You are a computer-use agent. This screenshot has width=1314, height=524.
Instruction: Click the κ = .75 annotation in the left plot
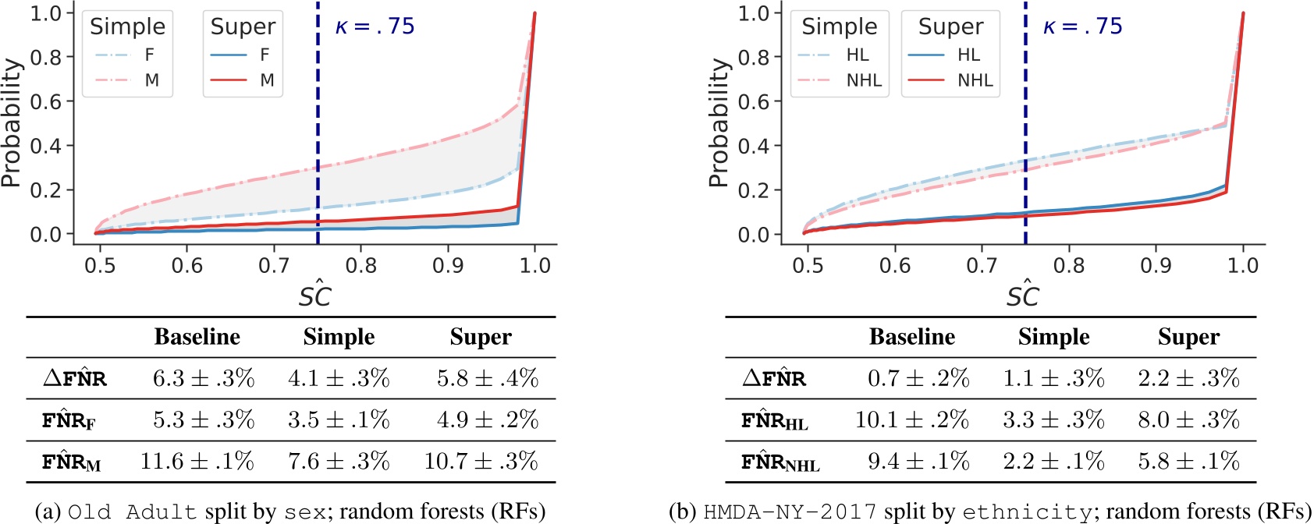375,27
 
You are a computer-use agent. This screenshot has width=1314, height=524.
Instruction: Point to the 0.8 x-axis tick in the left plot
360,265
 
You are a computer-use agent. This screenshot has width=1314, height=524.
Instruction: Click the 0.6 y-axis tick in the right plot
754,101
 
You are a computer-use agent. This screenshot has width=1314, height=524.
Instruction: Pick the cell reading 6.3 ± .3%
203,378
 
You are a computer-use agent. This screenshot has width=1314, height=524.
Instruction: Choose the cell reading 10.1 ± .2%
911,420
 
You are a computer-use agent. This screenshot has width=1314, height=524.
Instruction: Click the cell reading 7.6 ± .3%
339,461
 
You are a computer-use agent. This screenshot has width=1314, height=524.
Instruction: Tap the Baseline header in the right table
911,337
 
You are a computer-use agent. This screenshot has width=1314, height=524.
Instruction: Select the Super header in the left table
481,337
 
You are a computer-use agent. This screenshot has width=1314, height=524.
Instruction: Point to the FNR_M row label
71,462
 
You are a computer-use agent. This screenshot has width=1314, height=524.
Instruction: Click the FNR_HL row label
774,421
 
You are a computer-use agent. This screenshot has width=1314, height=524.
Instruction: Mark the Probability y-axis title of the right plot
717,123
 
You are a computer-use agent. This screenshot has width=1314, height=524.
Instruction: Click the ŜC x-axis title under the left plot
315,295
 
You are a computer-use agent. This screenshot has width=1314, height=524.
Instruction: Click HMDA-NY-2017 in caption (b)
790,512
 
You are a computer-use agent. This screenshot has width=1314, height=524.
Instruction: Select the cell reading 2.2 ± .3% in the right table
1188,378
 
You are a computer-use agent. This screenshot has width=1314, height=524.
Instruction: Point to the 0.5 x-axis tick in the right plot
808,265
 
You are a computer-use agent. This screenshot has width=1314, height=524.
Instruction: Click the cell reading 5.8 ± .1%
1188,461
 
